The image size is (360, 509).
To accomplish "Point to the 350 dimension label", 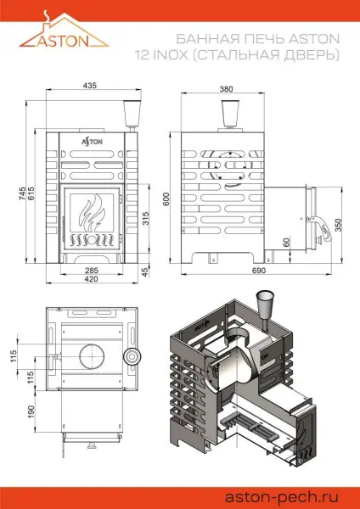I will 340,225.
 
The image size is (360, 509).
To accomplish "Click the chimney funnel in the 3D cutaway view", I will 261,304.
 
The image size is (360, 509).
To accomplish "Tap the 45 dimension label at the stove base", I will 145,271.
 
